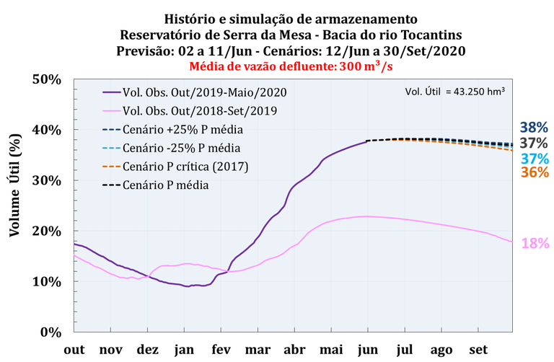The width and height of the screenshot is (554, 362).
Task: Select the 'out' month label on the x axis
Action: (x=74, y=349)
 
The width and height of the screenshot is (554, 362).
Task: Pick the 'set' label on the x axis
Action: (x=477, y=349)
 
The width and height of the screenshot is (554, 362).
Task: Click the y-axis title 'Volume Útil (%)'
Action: (x=14, y=204)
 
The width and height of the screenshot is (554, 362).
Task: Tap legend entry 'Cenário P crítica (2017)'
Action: (x=186, y=167)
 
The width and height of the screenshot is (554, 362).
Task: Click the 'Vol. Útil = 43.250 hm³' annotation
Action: (x=454, y=91)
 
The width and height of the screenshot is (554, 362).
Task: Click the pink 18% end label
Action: (x=535, y=244)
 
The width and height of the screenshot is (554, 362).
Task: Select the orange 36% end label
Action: (x=535, y=173)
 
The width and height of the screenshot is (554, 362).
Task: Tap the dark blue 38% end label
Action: (x=535, y=127)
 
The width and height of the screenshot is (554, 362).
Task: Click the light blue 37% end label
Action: (x=535, y=158)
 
